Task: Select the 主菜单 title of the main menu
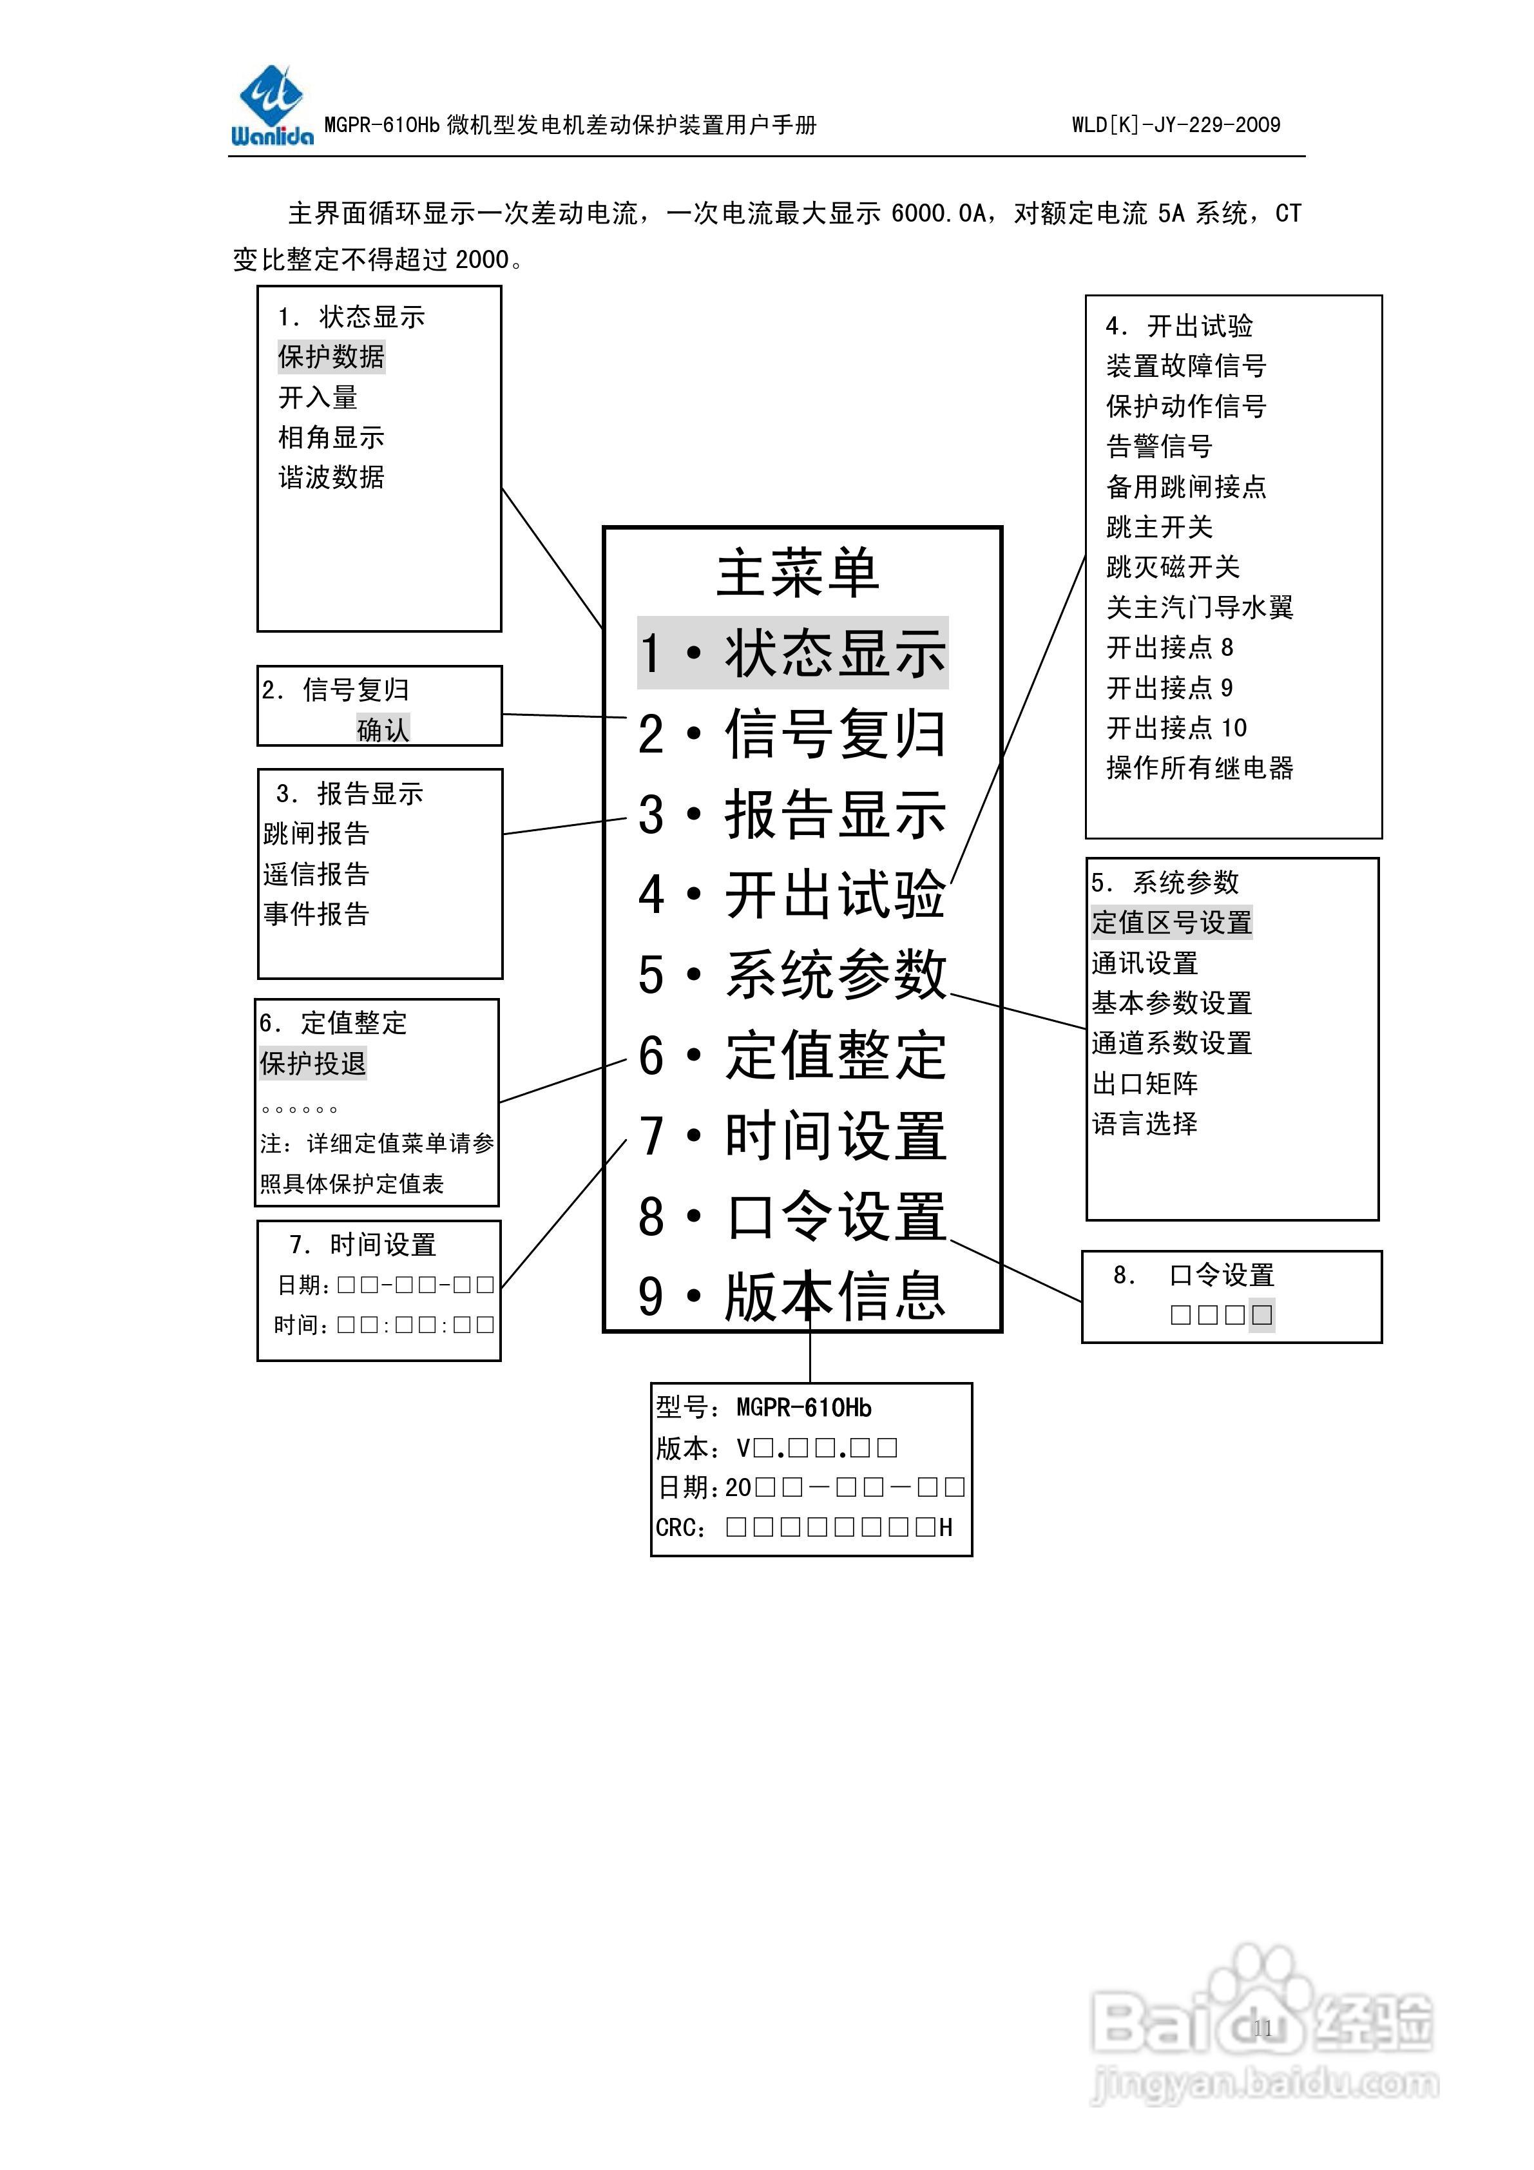coord(797,573)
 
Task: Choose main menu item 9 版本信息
coord(792,1297)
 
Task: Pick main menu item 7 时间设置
coord(792,1136)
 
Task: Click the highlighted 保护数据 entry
coord(331,357)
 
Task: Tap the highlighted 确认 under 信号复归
coord(383,729)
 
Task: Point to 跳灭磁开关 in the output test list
coord(1172,567)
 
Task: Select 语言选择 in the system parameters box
coord(1145,1124)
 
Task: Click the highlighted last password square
coord(1261,1314)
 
